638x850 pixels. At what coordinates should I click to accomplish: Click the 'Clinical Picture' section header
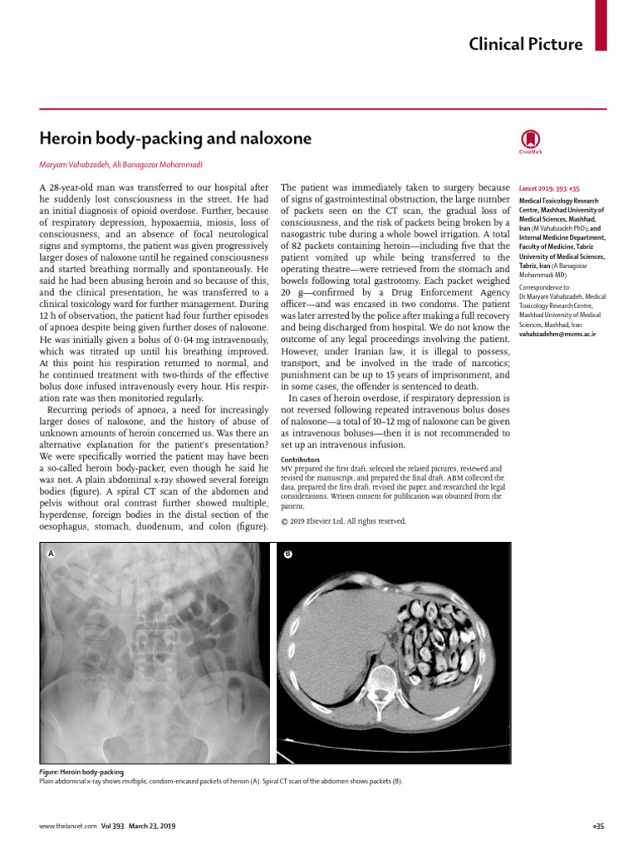pos(526,44)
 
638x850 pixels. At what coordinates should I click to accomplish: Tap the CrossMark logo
pos(531,141)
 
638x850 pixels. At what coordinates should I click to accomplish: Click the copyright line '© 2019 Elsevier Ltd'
pos(343,521)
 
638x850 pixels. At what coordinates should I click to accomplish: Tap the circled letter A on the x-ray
pos(52,553)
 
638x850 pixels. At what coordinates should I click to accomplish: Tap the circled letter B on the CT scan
pos(287,554)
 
